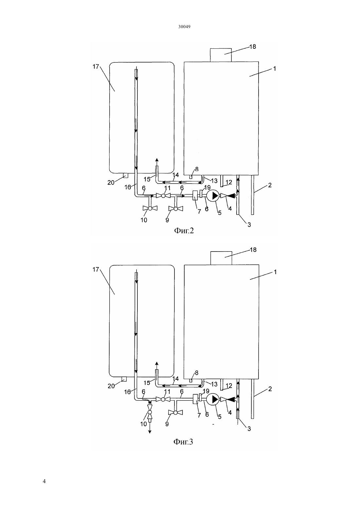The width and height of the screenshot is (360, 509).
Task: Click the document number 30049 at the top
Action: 184,27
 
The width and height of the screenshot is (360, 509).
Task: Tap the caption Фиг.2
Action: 184,231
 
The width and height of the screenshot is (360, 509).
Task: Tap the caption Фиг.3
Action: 183,442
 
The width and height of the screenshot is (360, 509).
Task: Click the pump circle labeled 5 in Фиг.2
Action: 213,195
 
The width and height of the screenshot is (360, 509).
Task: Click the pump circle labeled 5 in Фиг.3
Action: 213,399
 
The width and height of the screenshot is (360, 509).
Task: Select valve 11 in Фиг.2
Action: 163,196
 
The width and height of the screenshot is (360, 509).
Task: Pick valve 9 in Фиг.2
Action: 175,208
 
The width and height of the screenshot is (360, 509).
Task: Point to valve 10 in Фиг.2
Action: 150,208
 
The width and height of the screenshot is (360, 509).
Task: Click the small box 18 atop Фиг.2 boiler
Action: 221,55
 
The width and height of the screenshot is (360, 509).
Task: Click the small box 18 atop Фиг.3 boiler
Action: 221,258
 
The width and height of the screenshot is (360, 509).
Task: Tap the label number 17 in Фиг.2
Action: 96,67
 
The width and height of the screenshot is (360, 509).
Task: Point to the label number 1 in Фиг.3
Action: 275,272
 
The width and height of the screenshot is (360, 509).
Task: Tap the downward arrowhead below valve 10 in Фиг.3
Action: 150,432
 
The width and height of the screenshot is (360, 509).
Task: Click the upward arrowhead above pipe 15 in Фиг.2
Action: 156,160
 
